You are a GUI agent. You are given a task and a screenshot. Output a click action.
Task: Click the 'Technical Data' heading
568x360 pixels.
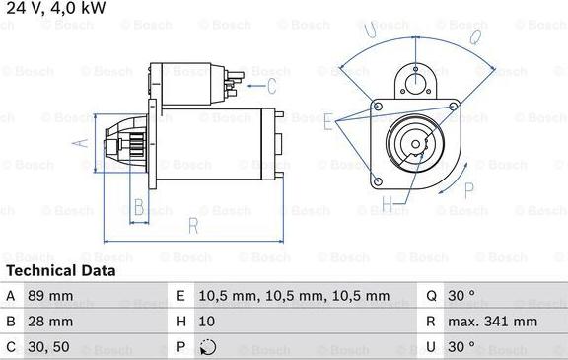coord(61,270)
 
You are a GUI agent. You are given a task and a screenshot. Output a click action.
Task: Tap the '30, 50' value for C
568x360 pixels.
coord(49,346)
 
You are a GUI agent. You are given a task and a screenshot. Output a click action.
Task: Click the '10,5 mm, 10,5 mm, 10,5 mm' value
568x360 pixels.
coord(279,295)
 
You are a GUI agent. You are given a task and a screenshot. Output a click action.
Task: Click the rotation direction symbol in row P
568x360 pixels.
coord(206,346)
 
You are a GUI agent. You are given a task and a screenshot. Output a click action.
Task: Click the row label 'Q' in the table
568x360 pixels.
coord(431,295)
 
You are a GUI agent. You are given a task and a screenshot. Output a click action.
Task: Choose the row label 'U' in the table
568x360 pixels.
coord(431,346)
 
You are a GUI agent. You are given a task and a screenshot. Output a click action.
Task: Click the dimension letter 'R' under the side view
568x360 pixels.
coord(193,227)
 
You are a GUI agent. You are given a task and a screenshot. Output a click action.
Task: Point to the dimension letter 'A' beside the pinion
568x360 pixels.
coord(83,144)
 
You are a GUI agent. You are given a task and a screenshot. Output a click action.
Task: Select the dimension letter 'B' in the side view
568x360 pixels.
coord(139,207)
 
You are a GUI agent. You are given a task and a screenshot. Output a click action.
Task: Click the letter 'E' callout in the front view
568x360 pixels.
coord(328,121)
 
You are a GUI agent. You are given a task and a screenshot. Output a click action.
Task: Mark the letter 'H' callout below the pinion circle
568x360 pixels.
coord(388,205)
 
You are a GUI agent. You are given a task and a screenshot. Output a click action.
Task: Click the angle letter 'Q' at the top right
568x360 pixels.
coord(474,37)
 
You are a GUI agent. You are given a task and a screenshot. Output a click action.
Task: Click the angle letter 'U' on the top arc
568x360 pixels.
coord(370,32)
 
